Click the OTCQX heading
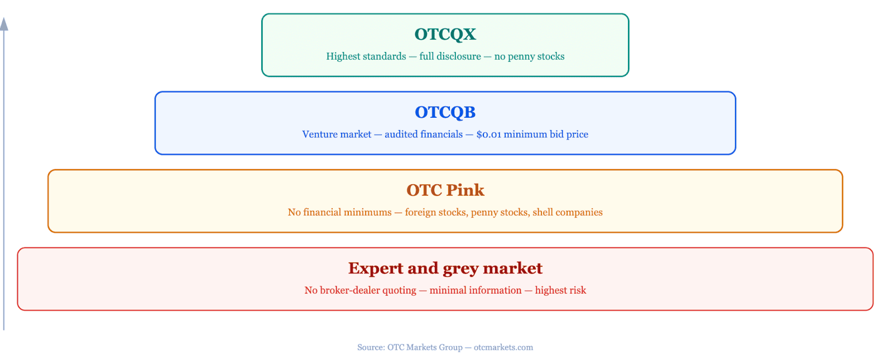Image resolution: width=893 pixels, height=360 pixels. (445, 34)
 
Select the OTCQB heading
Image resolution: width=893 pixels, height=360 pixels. (445, 112)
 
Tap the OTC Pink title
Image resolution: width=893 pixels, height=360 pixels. (445, 190)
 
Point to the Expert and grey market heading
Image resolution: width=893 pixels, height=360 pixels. (445, 268)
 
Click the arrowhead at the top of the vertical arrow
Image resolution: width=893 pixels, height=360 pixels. (4, 24)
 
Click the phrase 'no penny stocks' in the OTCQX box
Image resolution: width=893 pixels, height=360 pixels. (530, 56)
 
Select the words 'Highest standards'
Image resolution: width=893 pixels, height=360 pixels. (366, 56)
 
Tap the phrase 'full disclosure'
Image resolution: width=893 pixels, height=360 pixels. (450, 56)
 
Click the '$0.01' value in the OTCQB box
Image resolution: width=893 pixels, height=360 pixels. (489, 135)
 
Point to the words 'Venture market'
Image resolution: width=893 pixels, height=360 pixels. (337, 135)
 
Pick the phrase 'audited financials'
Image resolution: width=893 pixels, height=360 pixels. (424, 135)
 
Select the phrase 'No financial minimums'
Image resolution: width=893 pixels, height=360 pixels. (340, 212)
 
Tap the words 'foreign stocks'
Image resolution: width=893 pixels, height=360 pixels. (435, 212)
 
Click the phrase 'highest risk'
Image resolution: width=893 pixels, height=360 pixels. (560, 290)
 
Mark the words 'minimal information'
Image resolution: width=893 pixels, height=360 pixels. (476, 290)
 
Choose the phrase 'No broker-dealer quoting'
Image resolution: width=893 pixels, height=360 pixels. (361, 290)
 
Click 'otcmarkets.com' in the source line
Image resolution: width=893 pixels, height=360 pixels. (503, 347)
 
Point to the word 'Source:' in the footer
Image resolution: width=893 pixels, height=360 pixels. (371, 347)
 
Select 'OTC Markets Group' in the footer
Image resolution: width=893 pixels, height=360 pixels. (425, 347)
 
